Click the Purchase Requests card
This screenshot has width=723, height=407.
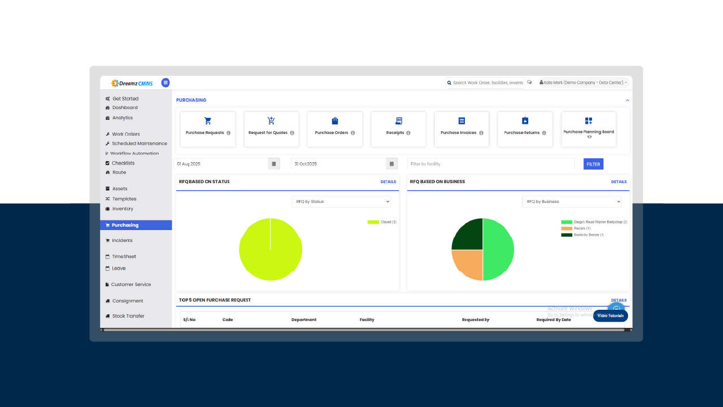point(208,129)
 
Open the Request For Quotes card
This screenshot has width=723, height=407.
point(271,129)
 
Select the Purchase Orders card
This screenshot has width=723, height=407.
point(335,129)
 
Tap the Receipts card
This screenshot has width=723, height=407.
point(398,129)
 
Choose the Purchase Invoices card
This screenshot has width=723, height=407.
point(461,129)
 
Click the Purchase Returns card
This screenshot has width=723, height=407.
point(525,129)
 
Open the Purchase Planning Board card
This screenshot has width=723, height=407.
point(589,129)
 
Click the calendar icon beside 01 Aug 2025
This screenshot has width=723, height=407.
point(274,164)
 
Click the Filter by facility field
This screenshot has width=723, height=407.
point(490,164)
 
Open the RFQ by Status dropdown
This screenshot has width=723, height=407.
point(341,201)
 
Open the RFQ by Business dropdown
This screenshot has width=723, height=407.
point(572,201)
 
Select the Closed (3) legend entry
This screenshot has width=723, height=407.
point(382,222)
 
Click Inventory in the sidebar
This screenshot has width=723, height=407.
point(123,209)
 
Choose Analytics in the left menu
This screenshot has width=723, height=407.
point(122,118)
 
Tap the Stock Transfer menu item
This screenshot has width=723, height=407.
point(128,316)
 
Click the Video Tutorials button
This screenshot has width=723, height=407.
point(610,316)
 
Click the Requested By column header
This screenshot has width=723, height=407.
point(476,320)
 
